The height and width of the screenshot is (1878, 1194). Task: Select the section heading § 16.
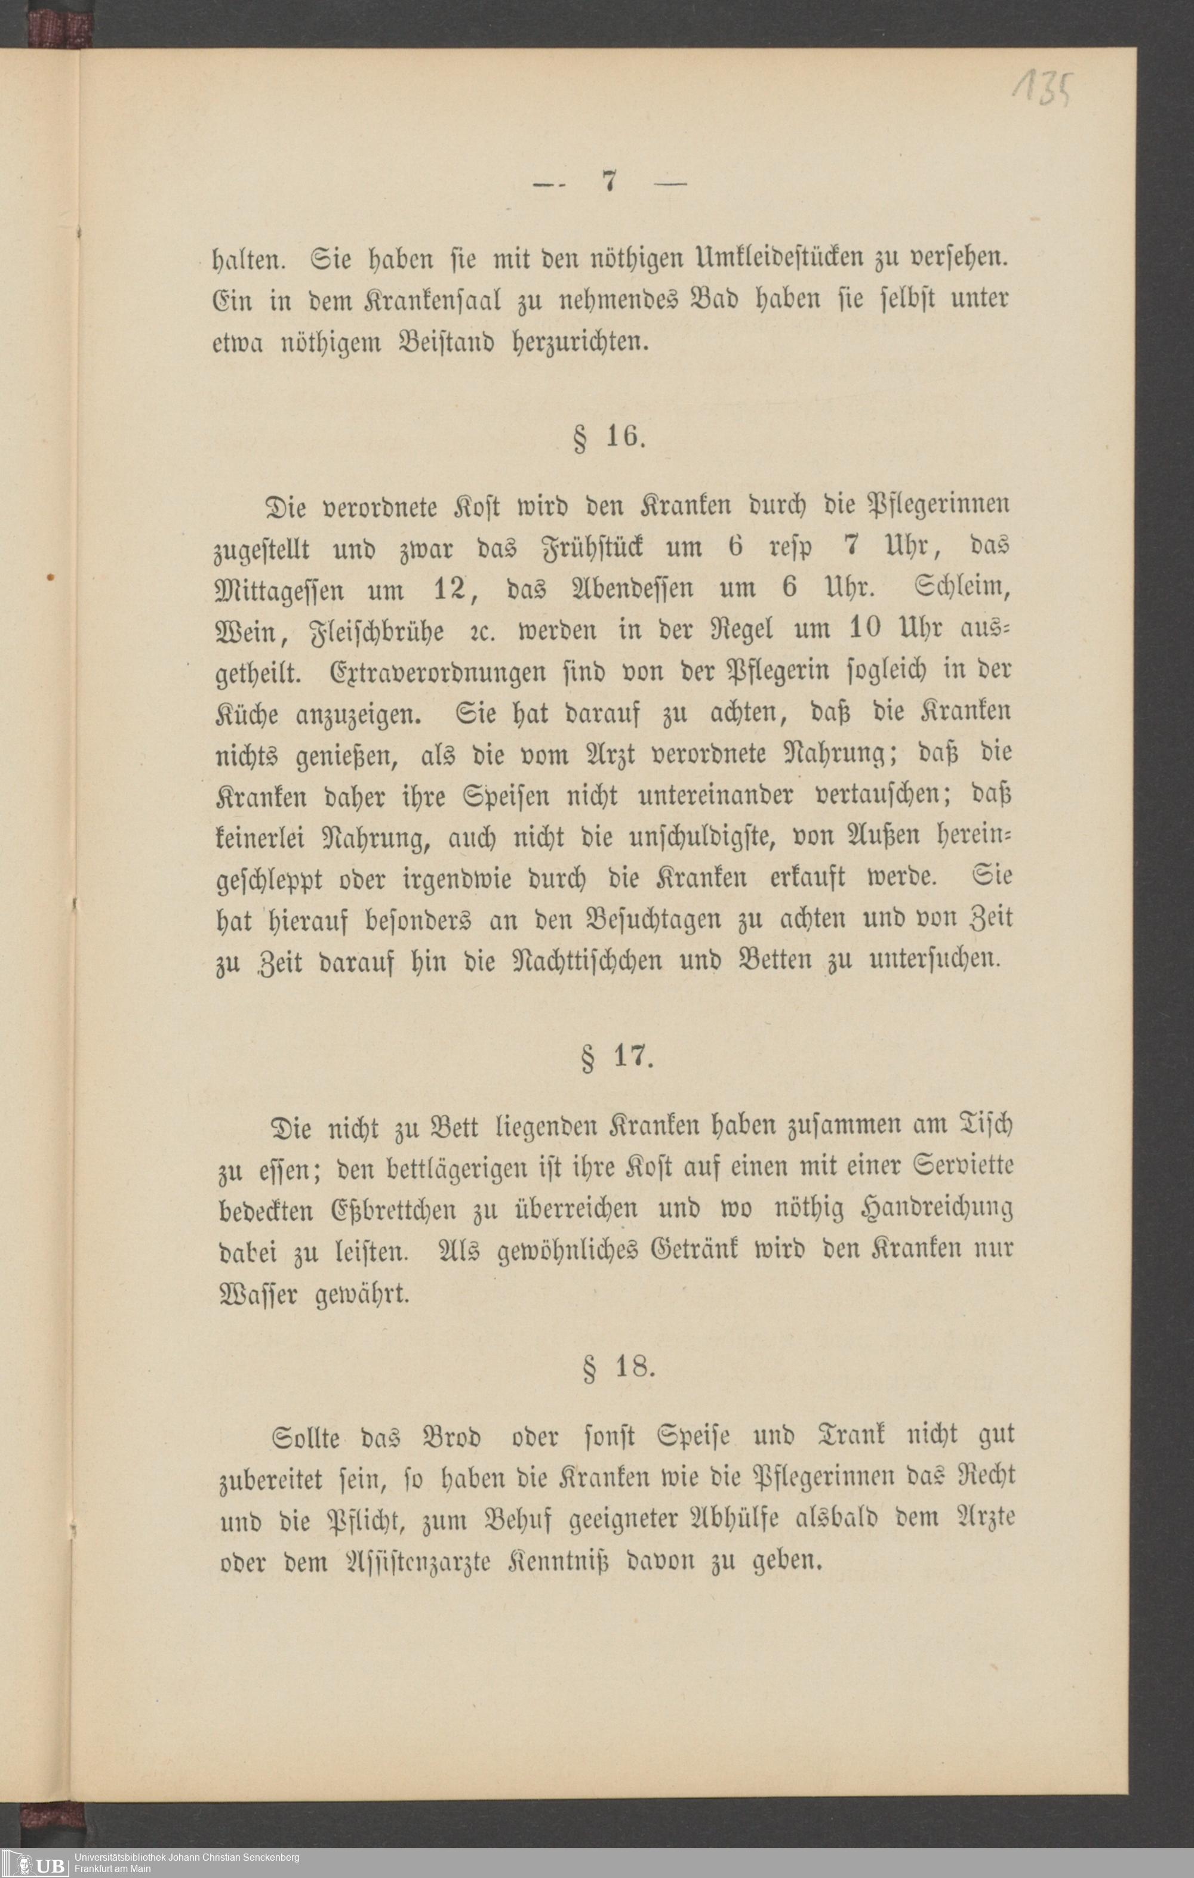pos(609,437)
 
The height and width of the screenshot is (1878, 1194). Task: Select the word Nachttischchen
pos(586,959)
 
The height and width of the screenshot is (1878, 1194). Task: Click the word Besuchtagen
pos(653,919)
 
